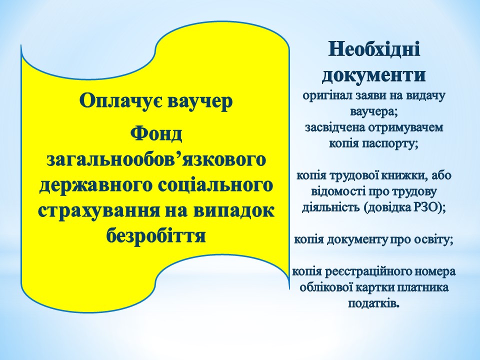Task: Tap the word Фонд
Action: tap(156, 134)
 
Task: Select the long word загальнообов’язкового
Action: tap(156, 160)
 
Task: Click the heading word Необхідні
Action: tap(374, 49)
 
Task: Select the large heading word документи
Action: tap(373, 75)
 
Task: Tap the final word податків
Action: tap(374, 303)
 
